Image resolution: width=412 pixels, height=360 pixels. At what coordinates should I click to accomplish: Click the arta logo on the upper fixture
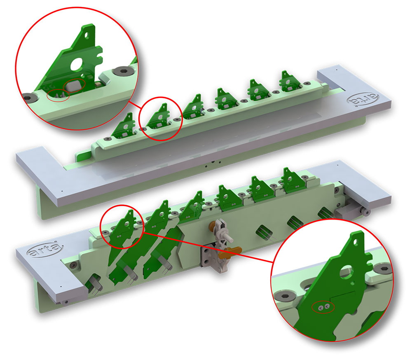coord(363,100)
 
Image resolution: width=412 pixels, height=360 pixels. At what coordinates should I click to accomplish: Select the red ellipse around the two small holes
coord(323,307)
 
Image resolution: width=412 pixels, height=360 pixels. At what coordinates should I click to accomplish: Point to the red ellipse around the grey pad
coord(74,85)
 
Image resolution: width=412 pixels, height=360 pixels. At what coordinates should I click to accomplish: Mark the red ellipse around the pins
coord(58,96)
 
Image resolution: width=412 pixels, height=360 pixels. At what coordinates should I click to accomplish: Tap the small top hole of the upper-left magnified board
coord(87,35)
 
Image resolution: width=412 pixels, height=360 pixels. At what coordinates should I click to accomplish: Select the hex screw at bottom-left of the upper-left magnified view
coord(28,97)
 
